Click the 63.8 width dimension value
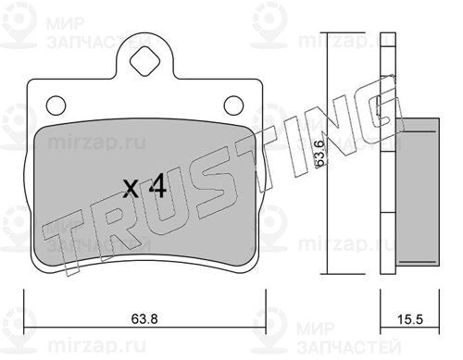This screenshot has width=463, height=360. (x=144, y=318)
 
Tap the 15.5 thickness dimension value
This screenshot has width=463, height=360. (x=409, y=319)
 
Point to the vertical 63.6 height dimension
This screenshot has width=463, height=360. (x=319, y=154)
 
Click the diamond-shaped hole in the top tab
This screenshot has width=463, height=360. (x=144, y=61)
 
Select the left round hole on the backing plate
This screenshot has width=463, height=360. (x=56, y=106)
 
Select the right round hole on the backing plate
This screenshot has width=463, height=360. (x=233, y=106)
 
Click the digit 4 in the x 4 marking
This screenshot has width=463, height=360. (x=157, y=185)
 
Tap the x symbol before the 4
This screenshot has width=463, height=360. (x=131, y=189)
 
